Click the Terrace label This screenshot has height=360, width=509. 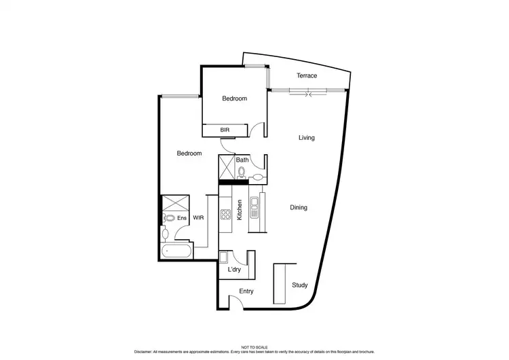(x=307, y=75)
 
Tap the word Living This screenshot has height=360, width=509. (x=307, y=138)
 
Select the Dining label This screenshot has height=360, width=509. (x=299, y=208)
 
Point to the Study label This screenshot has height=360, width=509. (x=299, y=285)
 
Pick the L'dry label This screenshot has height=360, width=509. (x=234, y=270)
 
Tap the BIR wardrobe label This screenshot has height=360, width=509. (x=225, y=129)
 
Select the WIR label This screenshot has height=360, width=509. (x=199, y=218)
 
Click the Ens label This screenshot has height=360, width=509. (x=181, y=218)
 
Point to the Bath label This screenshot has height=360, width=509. (x=242, y=160)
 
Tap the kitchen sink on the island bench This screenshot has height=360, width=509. (x=254, y=206)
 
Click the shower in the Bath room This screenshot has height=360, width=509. (x=226, y=166)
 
